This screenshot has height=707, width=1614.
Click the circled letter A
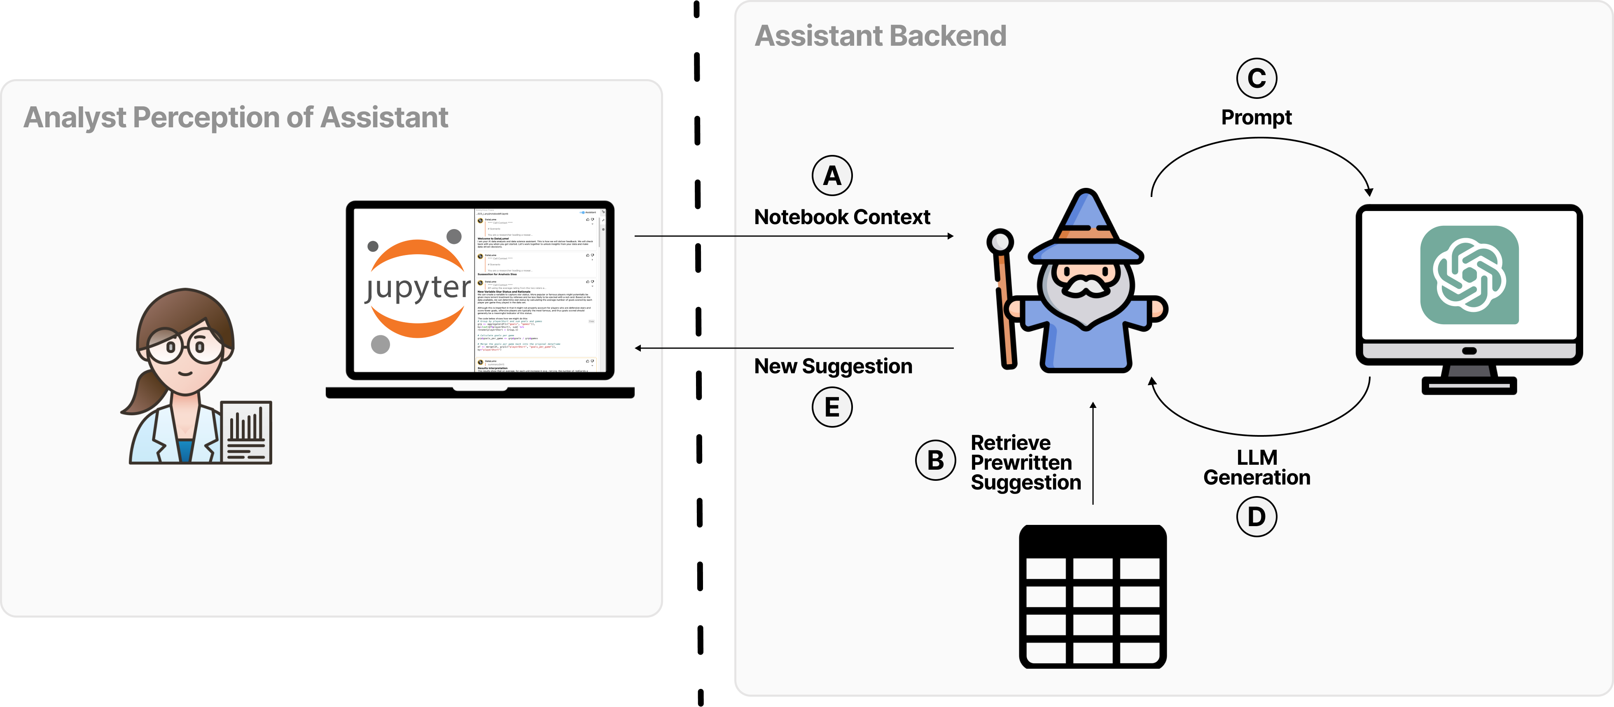[x=832, y=176]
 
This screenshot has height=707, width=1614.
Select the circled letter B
[x=935, y=460]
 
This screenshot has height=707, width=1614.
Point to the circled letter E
[x=832, y=407]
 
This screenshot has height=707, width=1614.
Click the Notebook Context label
[x=842, y=217]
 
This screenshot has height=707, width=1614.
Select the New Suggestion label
[x=833, y=366]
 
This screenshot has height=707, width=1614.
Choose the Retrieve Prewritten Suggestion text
[x=1025, y=463]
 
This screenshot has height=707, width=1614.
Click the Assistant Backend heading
[x=880, y=36]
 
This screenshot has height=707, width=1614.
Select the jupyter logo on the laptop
[x=417, y=289]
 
